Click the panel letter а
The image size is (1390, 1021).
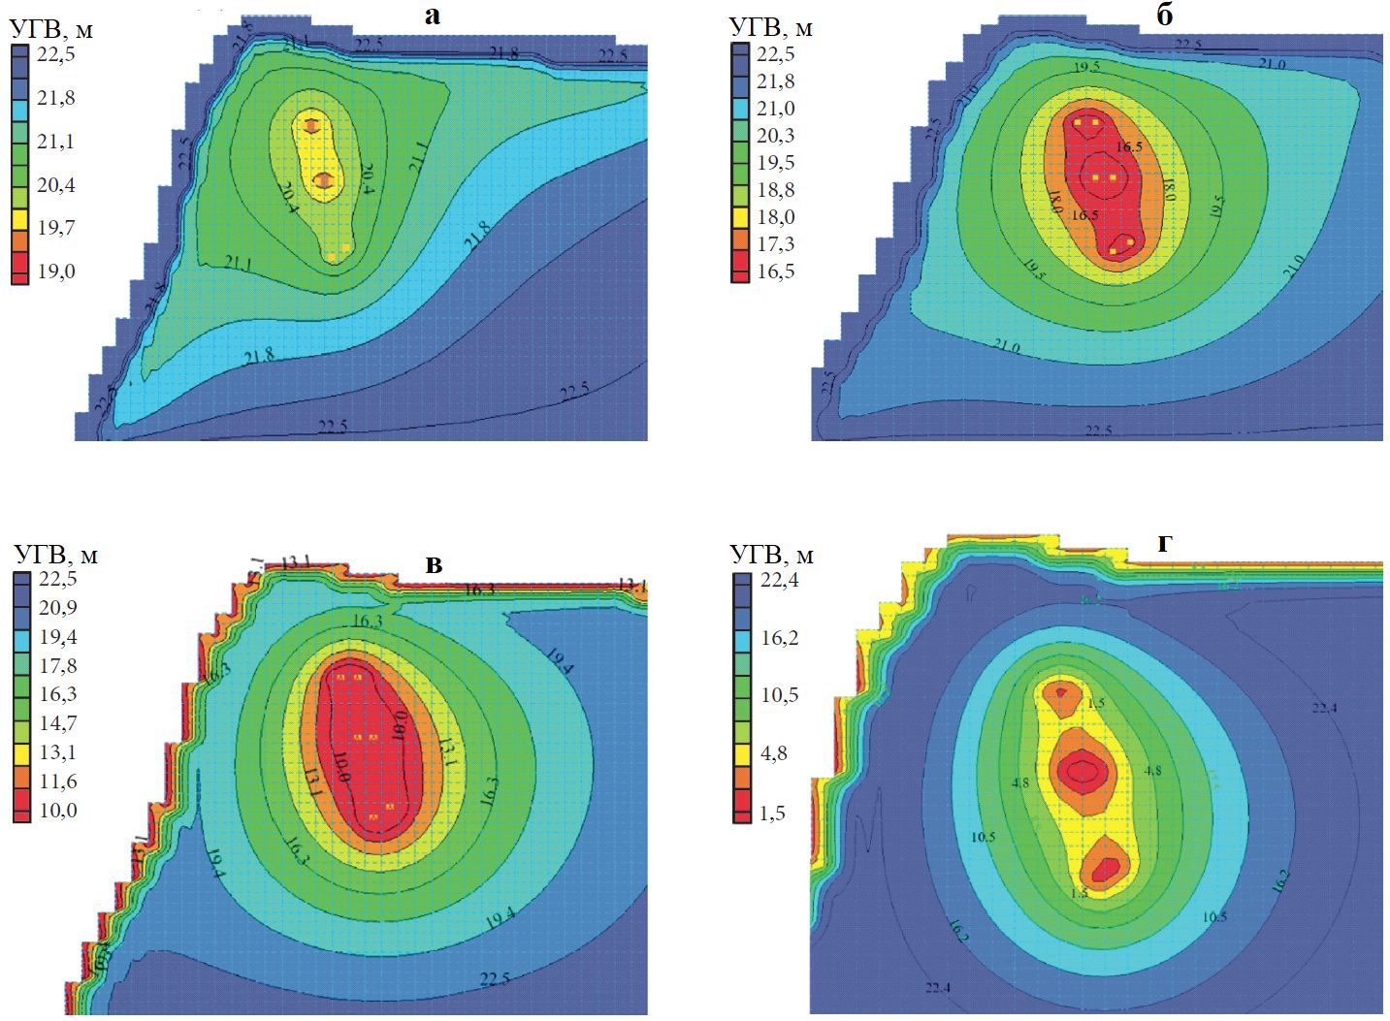pyautogui.click(x=433, y=16)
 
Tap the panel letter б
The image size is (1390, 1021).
pyautogui.click(x=1165, y=16)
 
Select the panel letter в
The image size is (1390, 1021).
pyautogui.click(x=434, y=564)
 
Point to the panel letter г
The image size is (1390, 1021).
pyautogui.click(x=1164, y=545)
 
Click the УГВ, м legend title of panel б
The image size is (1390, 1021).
pyautogui.click(x=771, y=27)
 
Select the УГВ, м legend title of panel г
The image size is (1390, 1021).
pyautogui.click(x=771, y=555)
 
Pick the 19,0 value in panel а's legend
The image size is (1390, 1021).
pyautogui.click(x=56, y=271)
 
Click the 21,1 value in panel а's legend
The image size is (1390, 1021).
pyautogui.click(x=56, y=142)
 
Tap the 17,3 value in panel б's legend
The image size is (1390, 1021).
pyautogui.click(x=776, y=244)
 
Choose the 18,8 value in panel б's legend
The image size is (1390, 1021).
pyautogui.click(x=776, y=190)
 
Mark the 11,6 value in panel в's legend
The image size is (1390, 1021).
pyautogui.click(x=58, y=782)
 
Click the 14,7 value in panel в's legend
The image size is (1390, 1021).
pyautogui.click(x=58, y=723)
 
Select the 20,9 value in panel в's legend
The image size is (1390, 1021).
pyautogui.click(x=58, y=608)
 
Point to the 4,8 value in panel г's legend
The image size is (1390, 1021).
pyautogui.click(x=774, y=753)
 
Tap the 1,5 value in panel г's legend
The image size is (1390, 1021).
pyautogui.click(x=772, y=814)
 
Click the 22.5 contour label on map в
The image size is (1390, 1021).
pyautogui.click(x=495, y=978)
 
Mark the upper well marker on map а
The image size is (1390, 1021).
pyautogui.click(x=311, y=125)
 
